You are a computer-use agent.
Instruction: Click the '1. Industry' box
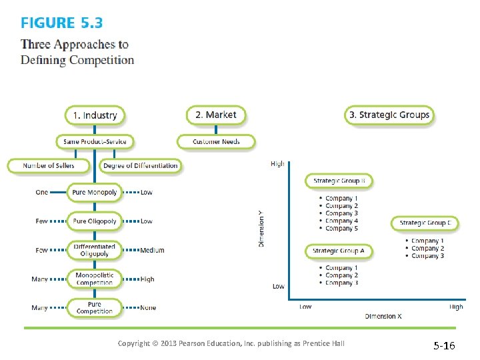[95, 115]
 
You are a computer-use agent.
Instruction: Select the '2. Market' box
[215, 115]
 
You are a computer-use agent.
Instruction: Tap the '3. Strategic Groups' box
[389, 115]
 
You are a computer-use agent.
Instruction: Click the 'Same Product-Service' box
[94, 141]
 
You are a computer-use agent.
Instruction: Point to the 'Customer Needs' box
[216, 141]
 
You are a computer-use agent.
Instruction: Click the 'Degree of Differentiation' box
[141, 165]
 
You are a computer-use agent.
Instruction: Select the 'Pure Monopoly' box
[94, 193]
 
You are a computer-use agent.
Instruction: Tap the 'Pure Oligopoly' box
[94, 221]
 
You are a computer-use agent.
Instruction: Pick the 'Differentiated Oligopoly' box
[94, 250]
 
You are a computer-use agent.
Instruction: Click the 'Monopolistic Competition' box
[94, 279]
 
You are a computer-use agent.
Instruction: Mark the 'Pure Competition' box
[94, 308]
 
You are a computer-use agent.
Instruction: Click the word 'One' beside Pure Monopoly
[42, 193]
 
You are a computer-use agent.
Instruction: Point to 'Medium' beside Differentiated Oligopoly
[152, 251]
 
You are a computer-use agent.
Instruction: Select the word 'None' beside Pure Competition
[148, 308]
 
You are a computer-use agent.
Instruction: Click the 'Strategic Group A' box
[339, 251]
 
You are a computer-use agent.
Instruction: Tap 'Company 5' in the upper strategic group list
[341, 229]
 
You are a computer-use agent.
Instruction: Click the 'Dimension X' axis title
[383, 317]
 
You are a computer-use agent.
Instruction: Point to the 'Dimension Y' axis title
[261, 228]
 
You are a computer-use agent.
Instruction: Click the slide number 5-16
[445, 346]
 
